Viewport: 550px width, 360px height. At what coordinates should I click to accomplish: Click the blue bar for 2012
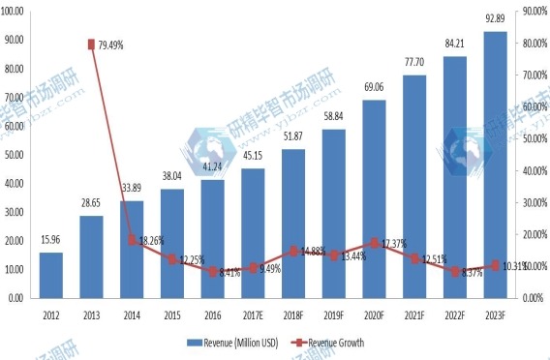click(x=52, y=275)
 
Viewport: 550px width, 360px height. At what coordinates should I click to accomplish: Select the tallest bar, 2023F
click(x=495, y=165)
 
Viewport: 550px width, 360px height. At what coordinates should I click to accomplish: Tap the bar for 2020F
click(x=374, y=198)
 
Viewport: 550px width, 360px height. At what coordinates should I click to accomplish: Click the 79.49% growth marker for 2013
click(x=91, y=45)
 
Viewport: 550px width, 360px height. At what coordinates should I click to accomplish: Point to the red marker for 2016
click(x=212, y=272)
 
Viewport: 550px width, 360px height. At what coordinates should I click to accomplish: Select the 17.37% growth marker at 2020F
click(x=374, y=243)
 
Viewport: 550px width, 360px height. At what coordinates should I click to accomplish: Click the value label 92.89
click(x=495, y=19)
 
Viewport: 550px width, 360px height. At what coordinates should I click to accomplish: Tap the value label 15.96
click(x=52, y=241)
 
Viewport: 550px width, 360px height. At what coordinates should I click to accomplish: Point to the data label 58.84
click(x=333, y=117)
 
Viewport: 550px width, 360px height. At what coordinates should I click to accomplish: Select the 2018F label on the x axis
click(x=292, y=313)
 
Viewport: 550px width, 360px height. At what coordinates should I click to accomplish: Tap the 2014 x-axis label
click(x=132, y=313)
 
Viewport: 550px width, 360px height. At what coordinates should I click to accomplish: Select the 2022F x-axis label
click(x=454, y=313)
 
